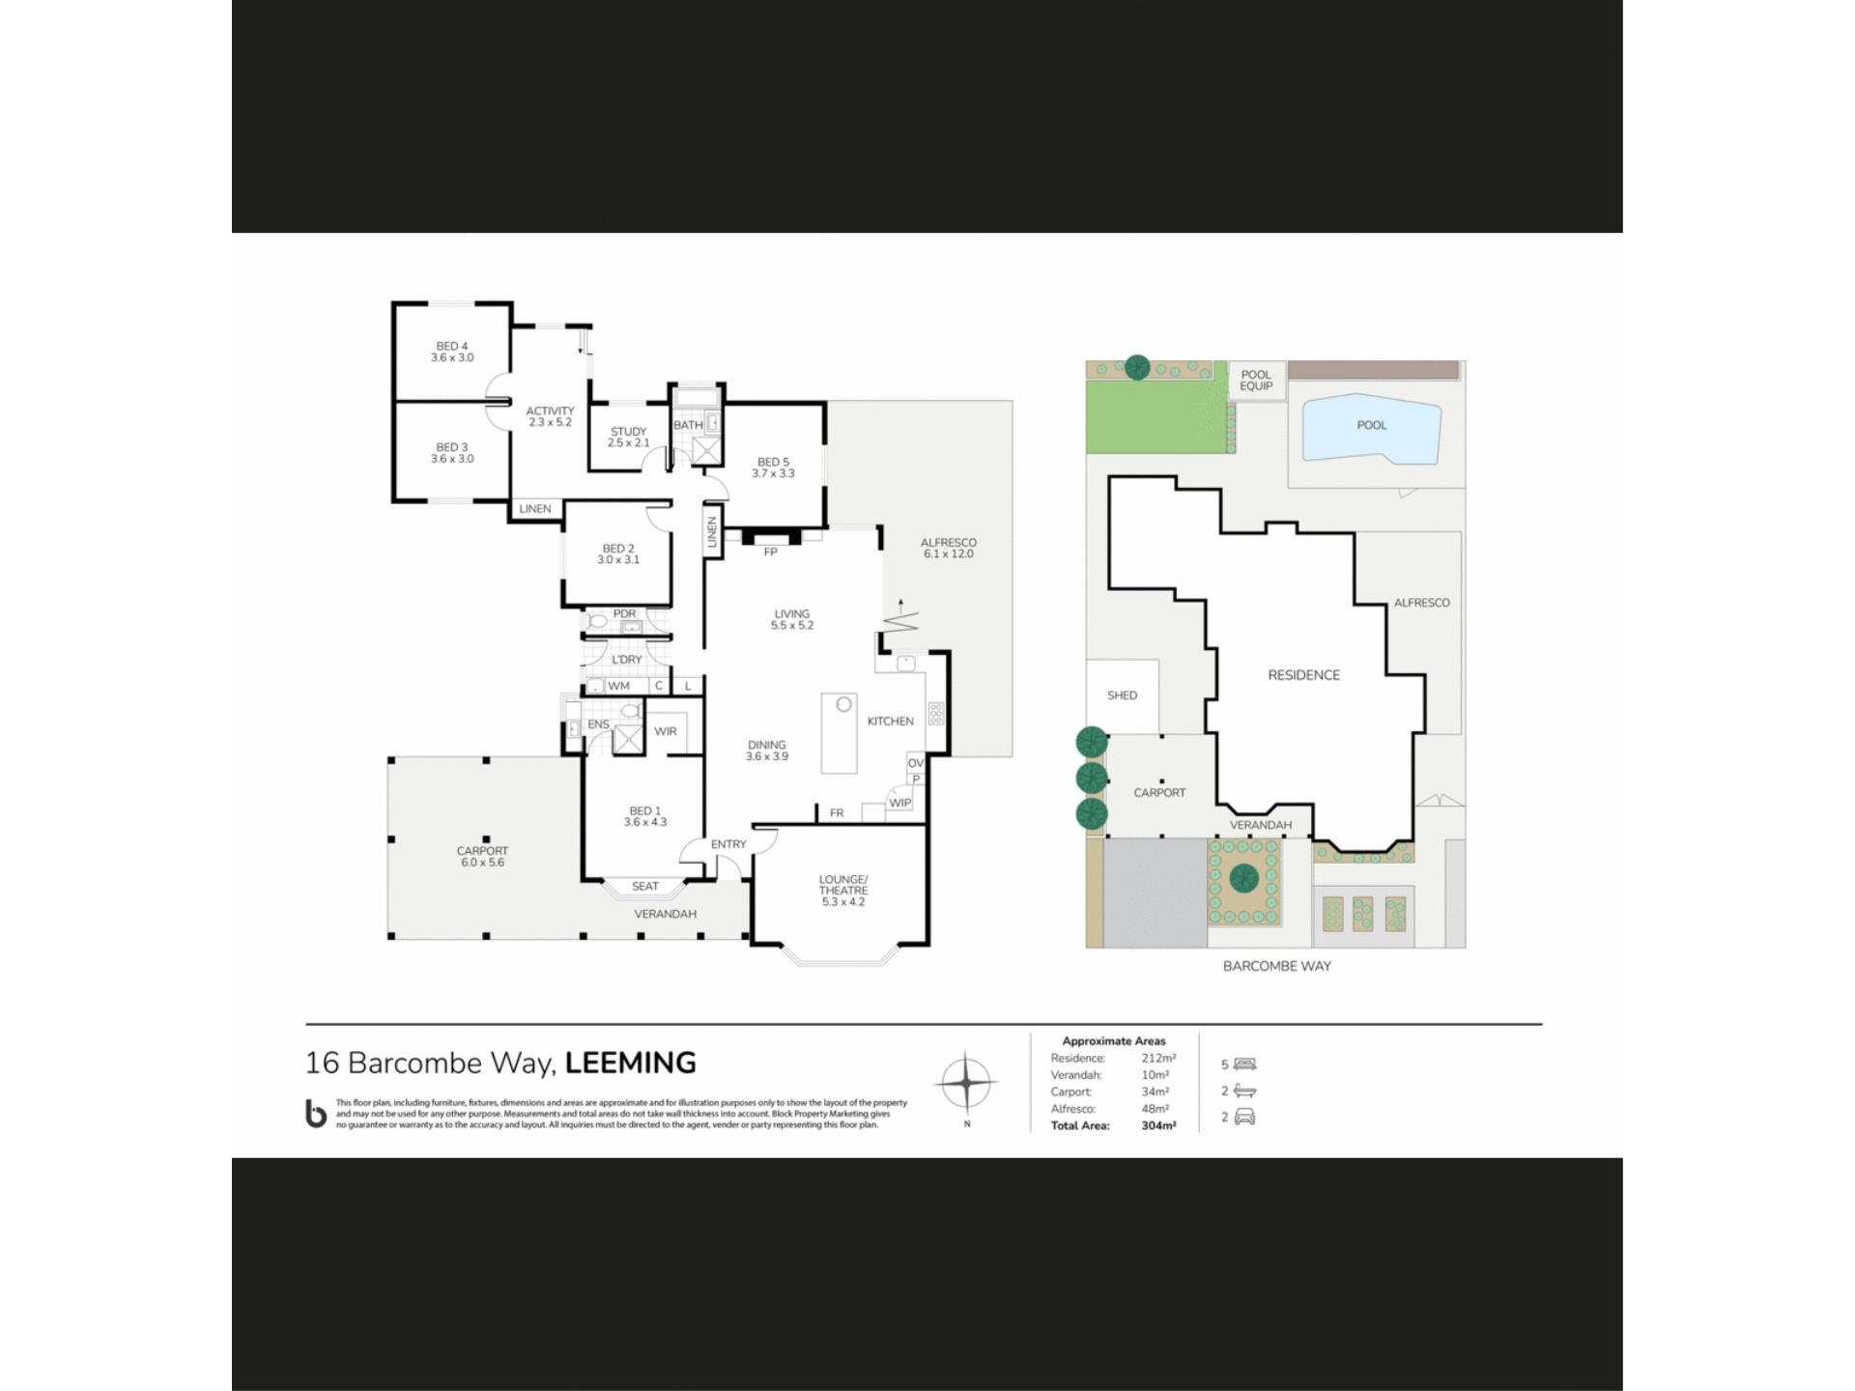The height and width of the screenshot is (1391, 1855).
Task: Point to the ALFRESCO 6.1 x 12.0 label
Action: click(949, 548)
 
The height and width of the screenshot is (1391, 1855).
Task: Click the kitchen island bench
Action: click(840, 732)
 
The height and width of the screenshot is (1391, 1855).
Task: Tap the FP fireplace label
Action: click(770, 553)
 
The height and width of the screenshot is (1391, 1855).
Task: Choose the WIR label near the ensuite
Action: click(666, 731)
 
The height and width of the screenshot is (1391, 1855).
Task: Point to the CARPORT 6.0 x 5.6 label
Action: click(482, 857)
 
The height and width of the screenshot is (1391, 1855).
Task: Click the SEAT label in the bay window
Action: click(645, 886)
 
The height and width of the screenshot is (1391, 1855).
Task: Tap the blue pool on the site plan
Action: click(1372, 427)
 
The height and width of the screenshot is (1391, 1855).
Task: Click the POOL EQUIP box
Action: click(1256, 381)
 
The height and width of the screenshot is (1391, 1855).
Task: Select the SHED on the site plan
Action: click(1123, 696)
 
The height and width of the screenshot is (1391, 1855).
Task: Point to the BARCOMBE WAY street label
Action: click(1277, 966)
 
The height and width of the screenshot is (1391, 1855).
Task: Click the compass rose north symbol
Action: click(966, 1083)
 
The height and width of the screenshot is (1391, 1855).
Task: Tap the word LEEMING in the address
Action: click(631, 1063)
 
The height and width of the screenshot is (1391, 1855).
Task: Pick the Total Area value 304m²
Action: click(1158, 1126)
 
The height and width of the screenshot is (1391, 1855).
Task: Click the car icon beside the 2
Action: click(1244, 1118)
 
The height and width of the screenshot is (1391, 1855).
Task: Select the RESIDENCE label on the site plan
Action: click(1304, 675)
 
